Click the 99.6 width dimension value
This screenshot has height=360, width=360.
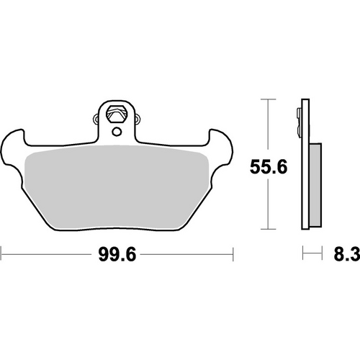coord(117,254)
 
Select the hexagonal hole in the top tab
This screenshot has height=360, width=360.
coord(117,113)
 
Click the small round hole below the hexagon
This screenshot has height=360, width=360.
coord(117,130)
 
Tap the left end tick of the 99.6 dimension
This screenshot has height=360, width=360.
coord(2,254)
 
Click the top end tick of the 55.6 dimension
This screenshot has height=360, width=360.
coord(268,99)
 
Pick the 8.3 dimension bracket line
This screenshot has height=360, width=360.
coord(311,254)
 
